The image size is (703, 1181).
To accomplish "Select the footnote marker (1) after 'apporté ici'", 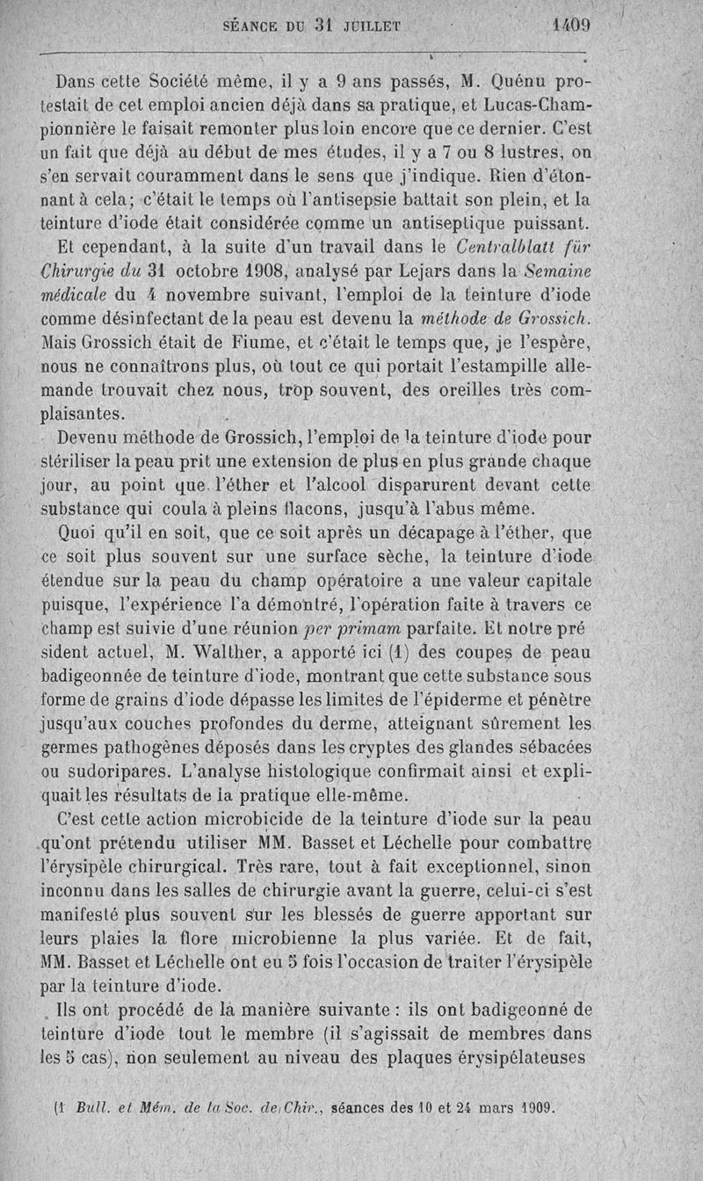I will coord(401,651).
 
